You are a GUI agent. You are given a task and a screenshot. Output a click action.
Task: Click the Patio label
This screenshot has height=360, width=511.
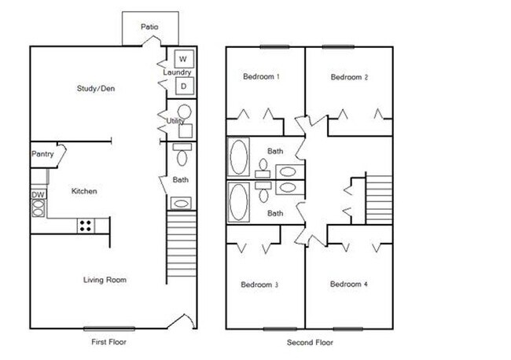(149, 27)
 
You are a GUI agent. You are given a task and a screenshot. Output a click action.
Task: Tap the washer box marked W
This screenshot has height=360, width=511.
(183, 59)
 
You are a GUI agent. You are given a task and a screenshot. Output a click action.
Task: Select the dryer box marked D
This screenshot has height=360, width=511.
(183, 86)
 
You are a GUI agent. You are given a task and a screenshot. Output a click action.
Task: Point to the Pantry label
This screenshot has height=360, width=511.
(42, 154)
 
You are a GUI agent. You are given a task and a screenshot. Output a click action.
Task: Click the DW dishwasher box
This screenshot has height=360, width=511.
(37, 194)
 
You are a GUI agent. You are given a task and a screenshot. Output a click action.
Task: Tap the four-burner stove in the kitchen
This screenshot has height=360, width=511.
(85, 226)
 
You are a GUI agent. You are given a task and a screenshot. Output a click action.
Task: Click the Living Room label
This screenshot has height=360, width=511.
(105, 280)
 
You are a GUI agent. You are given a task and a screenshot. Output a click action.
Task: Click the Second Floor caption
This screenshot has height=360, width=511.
(310, 343)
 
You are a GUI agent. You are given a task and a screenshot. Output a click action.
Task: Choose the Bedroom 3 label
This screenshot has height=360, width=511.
(261, 284)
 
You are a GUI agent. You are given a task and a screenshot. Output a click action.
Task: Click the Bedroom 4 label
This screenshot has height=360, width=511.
(349, 284)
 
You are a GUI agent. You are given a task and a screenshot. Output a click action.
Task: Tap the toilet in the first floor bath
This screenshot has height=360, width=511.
(182, 156)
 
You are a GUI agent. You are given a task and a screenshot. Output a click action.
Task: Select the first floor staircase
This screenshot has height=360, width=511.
(182, 243)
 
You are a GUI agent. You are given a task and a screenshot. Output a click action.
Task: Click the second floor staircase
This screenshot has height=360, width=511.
(379, 198)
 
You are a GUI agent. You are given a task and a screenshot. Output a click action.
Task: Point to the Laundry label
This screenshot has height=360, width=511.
(177, 73)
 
